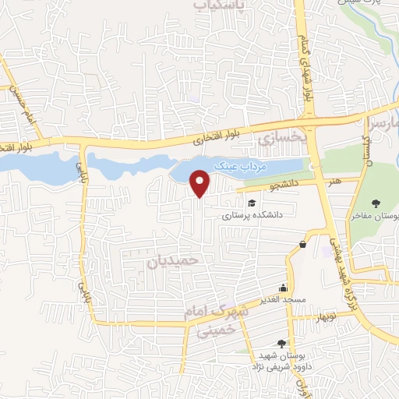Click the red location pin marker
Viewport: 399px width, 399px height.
pos(201,183)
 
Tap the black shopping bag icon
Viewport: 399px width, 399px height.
pos(302,244)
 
